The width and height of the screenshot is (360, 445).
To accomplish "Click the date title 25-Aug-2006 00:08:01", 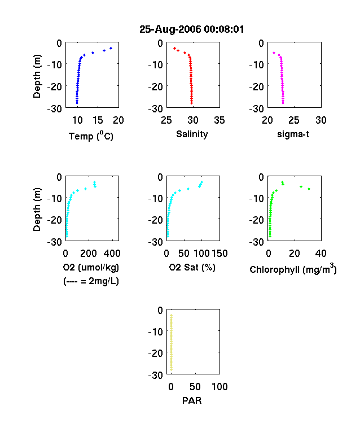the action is coord(192,29).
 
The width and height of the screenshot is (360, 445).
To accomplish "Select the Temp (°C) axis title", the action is coord(91,136).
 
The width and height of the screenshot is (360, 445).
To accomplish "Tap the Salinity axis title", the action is coord(192,134).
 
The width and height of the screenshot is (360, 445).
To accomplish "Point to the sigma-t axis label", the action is coord(293,134).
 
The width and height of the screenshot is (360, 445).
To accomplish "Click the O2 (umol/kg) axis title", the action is coord(91,267).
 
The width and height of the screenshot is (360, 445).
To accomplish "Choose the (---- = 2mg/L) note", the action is coord(91,281).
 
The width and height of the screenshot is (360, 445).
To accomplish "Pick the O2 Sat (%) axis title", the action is coord(192,267).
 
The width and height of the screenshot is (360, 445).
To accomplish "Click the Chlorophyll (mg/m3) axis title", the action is coord(293,268).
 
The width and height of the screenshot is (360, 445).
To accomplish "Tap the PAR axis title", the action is coord(192,400).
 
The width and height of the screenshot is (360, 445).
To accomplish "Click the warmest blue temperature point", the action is coord(111,48).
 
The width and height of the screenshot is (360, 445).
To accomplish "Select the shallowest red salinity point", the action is coord(174,48).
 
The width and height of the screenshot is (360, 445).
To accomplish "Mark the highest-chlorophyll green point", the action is coord(309,189).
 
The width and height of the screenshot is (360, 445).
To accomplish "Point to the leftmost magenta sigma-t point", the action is coord(274,53).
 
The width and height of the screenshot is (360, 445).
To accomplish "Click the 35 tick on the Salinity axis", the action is coord(219,120).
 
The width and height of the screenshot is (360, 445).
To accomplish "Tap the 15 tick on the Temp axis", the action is coord(98,120).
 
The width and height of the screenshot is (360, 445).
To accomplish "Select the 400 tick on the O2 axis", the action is coord(112,254).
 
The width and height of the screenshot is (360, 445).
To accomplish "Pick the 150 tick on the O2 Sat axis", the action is coord(219,254).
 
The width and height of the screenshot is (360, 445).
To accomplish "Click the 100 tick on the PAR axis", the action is coord(219,387).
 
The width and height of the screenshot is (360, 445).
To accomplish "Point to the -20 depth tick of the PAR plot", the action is coord(156,353).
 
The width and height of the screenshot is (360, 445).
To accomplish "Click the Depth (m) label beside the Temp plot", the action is coord(37,76).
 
